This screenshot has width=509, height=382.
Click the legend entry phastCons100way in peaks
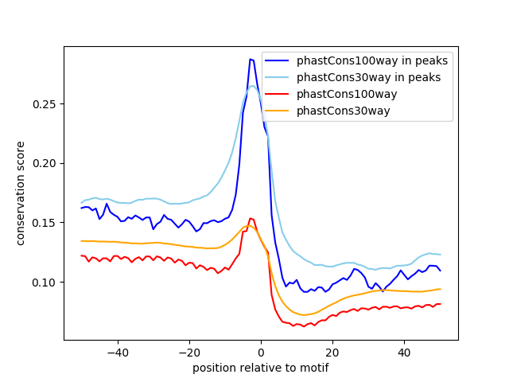pos(372,60)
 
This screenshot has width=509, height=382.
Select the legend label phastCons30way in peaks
pos(369,77)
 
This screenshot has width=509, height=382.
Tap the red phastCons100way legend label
pos(347,94)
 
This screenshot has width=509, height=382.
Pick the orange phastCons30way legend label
pos(344,111)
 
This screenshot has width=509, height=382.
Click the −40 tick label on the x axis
pos(117,352)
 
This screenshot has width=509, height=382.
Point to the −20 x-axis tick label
pos(188,352)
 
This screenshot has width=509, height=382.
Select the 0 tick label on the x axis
pos(261,352)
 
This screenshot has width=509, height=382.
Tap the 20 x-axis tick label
pos(332,352)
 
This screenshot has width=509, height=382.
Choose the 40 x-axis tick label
pos(404,352)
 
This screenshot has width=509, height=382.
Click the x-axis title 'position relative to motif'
pos(260,368)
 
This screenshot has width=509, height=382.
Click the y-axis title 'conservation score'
pos(21,194)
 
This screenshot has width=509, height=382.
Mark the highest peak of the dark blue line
pos(250,59)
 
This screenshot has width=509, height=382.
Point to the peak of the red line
pos(250,218)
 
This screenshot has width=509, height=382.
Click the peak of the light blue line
pos(253,86)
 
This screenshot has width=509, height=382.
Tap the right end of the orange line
pos(440,289)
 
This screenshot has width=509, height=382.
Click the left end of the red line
pos(81,255)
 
